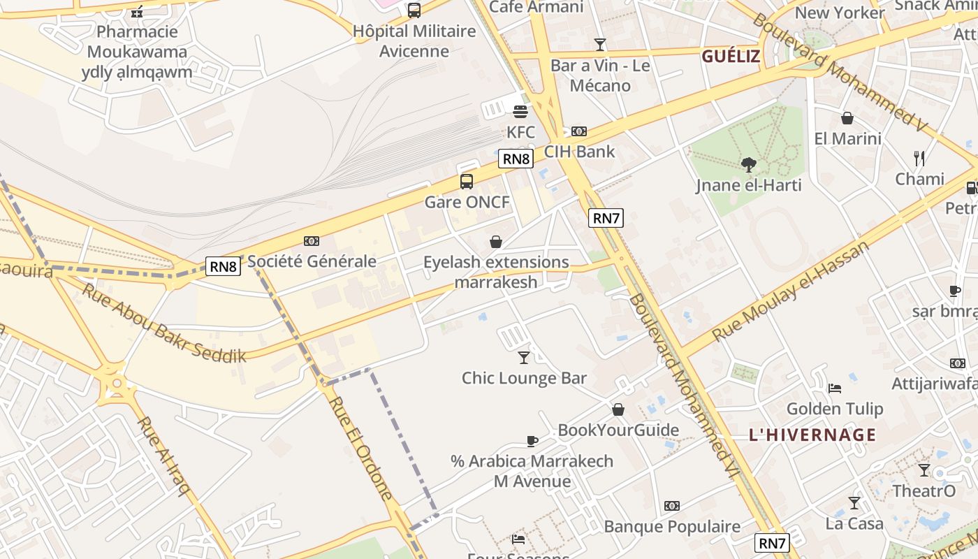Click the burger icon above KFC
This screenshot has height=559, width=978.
[x=520, y=112]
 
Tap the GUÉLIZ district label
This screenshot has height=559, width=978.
[x=731, y=57]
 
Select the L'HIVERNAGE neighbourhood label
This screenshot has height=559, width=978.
[x=812, y=435]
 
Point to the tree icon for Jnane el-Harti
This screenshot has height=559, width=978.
[x=748, y=165]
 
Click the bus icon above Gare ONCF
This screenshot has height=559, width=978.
[x=467, y=182]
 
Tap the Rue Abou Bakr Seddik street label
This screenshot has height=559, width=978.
[x=164, y=323]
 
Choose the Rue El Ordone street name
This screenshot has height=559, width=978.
[x=360, y=447]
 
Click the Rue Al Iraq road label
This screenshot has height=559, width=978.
[x=163, y=456]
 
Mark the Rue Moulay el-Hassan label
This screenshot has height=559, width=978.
[x=790, y=291]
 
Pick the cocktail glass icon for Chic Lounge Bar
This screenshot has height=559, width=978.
[x=524, y=358]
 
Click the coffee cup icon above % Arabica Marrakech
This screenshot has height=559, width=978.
[x=532, y=441]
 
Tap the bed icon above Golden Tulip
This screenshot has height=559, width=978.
[x=834, y=389]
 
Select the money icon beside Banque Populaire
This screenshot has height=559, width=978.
[x=672, y=506]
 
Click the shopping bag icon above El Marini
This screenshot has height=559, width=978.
[x=847, y=118]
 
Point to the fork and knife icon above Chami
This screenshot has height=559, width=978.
[x=919, y=159]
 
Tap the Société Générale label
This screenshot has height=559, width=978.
[x=312, y=262]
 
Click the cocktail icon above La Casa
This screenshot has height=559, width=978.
[x=854, y=503]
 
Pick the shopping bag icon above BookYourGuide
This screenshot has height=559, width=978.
[x=618, y=409]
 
